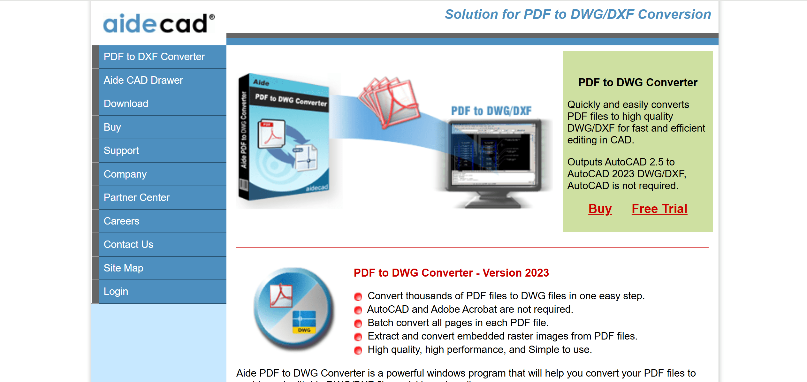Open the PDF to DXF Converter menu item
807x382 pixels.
pyautogui.click(x=154, y=57)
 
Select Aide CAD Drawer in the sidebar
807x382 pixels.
pyautogui.click(x=143, y=80)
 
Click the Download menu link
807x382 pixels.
pyautogui.click(x=126, y=103)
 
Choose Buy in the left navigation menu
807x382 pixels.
pyautogui.click(x=112, y=127)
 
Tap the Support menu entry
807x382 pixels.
pyautogui.click(x=121, y=150)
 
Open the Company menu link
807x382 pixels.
pyautogui.click(x=125, y=174)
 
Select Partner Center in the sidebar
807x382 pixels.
pyautogui.click(x=136, y=197)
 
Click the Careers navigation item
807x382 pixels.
pyautogui.click(x=121, y=221)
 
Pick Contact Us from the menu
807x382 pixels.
pyautogui.click(x=128, y=244)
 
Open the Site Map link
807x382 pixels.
pyautogui.click(x=123, y=268)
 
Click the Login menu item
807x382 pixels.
pyautogui.click(x=116, y=291)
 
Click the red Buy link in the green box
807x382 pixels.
pyautogui.click(x=600, y=209)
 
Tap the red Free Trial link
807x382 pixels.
pyautogui.click(x=659, y=209)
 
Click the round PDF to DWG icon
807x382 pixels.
pyautogui.click(x=294, y=308)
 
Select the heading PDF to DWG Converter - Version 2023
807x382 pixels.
pyautogui.click(x=451, y=273)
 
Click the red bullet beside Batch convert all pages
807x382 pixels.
pyautogui.click(x=358, y=323)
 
